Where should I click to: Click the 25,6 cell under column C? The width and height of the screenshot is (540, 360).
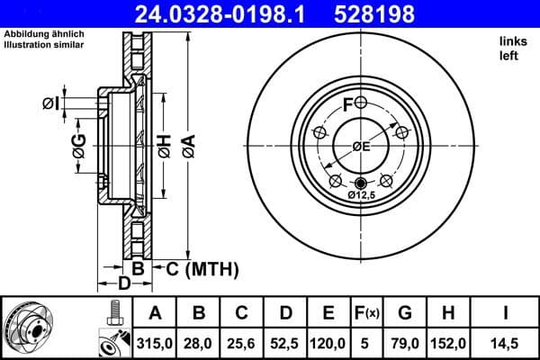[x=243, y=342]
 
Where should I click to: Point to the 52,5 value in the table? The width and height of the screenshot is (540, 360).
[x=285, y=342]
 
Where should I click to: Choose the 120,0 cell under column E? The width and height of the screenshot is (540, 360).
[x=328, y=342]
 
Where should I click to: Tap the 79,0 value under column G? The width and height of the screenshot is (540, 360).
[x=405, y=342]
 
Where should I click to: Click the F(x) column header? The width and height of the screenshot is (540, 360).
[x=369, y=313]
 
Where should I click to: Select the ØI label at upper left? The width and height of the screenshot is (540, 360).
[x=51, y=104]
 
